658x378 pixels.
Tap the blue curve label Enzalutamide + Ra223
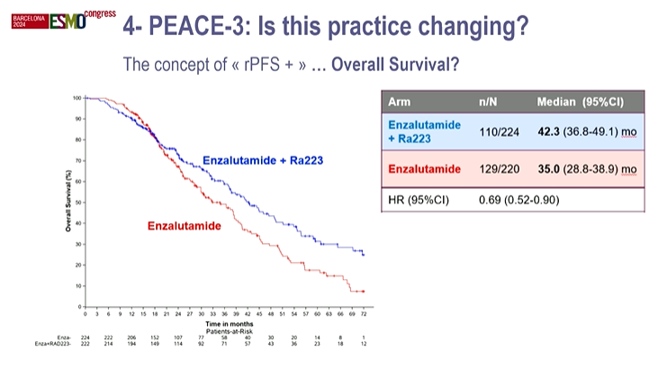tap(263, 160)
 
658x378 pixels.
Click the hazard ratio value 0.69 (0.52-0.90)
tap(519, 199)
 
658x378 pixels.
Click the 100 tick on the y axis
tap(77, 97)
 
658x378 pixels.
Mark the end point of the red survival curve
tap(364, 292)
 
